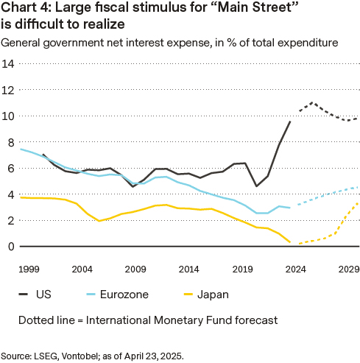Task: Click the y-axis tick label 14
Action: pos(10,64)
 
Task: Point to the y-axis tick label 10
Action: pos(10,116)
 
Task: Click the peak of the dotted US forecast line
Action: pos(313,103)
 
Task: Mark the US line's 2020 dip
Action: pos(256,186)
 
